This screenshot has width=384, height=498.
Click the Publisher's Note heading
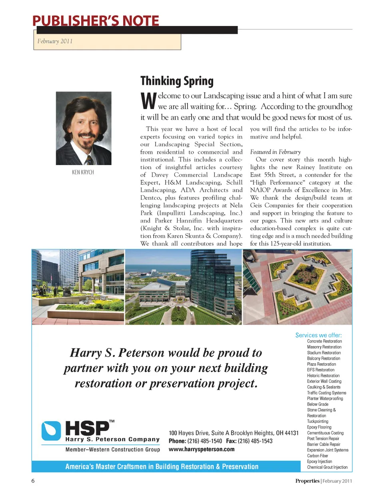click(x=96, y=20)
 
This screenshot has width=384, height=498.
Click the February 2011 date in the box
click(x=55, y=41)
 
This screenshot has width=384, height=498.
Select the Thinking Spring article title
click(x=177, y=81)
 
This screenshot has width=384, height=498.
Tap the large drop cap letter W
click(x=148, y=102)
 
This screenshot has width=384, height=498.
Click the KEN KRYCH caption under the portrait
click(x=83, y=172)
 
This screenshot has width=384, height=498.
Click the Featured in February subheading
click(x=275, y=152)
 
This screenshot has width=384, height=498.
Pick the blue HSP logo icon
click(x=51, y=430)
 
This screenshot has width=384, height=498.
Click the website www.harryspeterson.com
click(x=202, y=449)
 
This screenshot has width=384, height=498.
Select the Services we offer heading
click(x=318, y=335)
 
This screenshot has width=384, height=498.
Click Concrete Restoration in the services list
click(x=324, y=341)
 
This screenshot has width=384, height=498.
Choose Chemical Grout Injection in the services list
click(x=327, y=467)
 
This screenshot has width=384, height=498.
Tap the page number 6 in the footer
click(x=33, y=481)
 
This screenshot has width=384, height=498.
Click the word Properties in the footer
click(x=307, y=481)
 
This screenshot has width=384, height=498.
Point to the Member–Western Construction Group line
click(x=112, y=450)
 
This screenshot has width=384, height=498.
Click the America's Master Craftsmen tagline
click(x=162, y=466)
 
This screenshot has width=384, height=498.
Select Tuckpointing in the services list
click(x=318, y=421)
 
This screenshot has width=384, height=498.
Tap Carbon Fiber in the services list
click(x=318, y=456)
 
